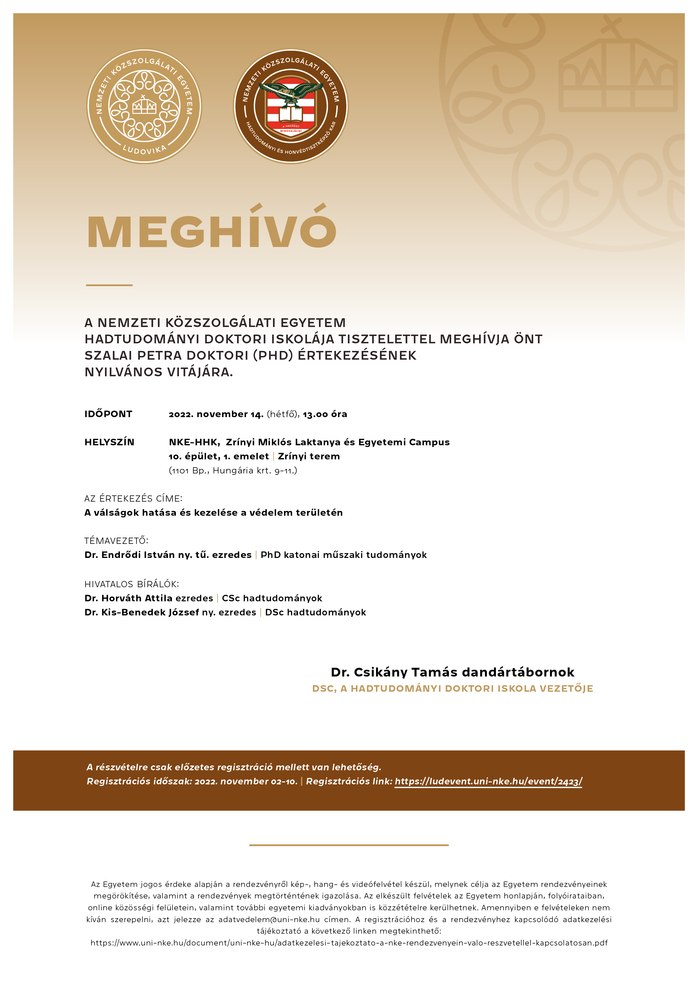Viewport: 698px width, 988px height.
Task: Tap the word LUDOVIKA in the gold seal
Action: [144, 149]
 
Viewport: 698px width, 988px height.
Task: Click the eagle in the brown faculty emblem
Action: [291, 92]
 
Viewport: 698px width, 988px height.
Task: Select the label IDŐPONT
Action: [108, 414]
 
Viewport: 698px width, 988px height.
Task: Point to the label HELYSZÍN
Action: [109, 442]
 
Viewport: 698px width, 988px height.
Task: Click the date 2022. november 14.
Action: [216, 414]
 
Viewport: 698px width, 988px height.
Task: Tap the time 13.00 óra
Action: [325, 414]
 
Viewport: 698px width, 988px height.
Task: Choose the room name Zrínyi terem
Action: [309, 456]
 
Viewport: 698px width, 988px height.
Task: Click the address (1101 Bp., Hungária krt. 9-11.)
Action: [233, 470]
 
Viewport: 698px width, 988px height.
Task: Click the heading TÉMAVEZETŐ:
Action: [116, 540]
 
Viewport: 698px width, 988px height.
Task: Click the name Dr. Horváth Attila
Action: [129, 598]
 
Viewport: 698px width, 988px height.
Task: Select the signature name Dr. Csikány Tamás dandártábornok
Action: [452, 672]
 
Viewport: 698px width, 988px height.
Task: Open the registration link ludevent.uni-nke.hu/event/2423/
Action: [488, 781]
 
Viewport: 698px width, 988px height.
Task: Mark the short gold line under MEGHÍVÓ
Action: [109, 285]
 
